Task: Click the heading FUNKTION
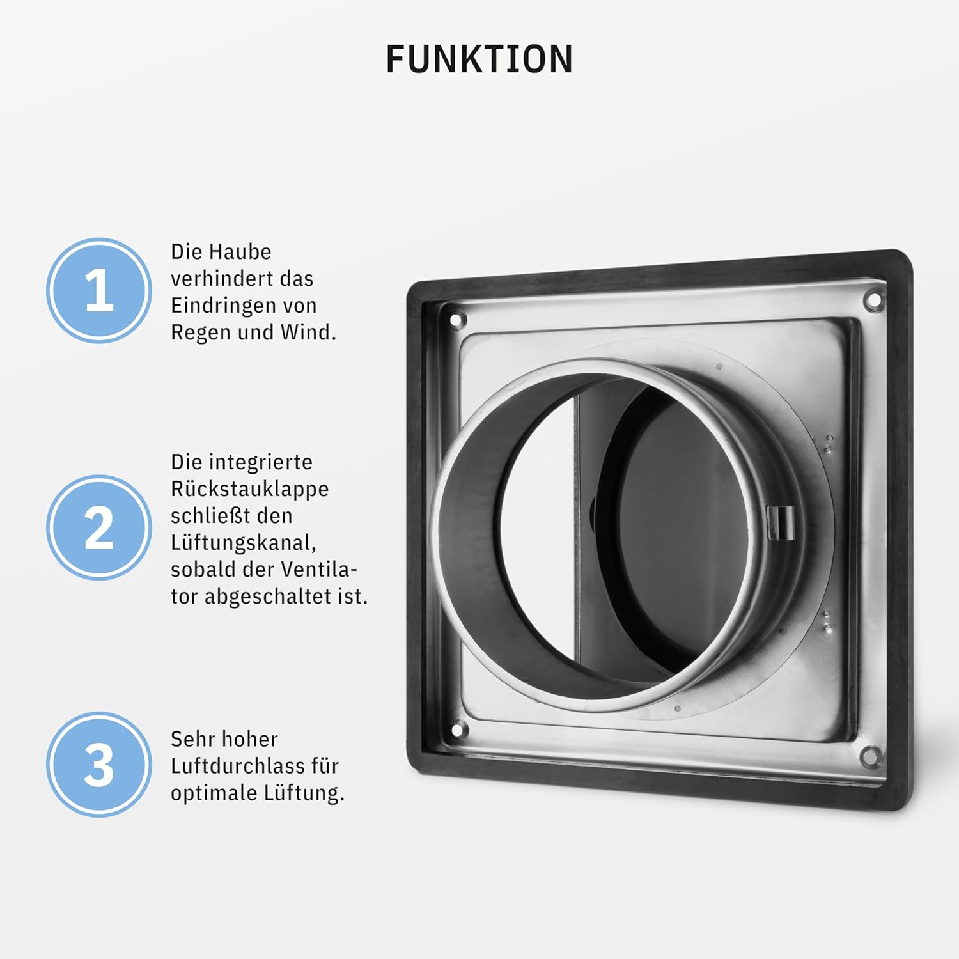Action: pos(479,59)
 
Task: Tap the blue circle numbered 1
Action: pos(99,291)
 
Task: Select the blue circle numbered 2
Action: pos(99,527)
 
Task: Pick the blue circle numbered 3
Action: pos(99,764)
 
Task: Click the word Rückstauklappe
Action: pos(249,490)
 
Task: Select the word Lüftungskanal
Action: pos(244,543)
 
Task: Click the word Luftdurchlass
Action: pos(238,766)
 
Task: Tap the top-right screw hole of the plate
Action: pos(874,299)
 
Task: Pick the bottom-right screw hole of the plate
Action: pos(869,755)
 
